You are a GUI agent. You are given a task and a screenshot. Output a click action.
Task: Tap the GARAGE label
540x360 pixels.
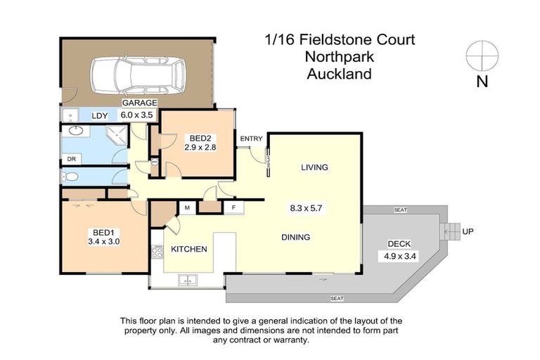tap(139, 103)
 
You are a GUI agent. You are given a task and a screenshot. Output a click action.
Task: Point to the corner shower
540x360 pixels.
tap(113, 133)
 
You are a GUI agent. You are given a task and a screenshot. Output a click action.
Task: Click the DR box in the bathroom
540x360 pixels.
tap(71, 159)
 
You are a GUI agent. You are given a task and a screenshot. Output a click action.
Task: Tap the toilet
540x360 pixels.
tap(69, 176)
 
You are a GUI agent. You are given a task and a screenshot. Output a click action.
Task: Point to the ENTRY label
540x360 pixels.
tap(251, 139)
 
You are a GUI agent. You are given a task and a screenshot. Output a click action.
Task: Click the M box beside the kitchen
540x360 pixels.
tap(188, 207)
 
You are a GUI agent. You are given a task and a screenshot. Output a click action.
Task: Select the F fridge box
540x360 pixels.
tap(233, 207)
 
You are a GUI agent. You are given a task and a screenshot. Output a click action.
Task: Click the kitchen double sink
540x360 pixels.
tap(188, 282)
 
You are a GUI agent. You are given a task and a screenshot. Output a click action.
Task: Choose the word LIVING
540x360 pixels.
tap(314, 167)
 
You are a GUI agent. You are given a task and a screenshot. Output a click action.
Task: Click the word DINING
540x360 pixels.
tap(295, 237)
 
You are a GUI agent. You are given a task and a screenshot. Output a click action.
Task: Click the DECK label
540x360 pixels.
tap(399, 244)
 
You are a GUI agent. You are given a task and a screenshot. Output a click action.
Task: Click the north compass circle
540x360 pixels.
tap(482, 55)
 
